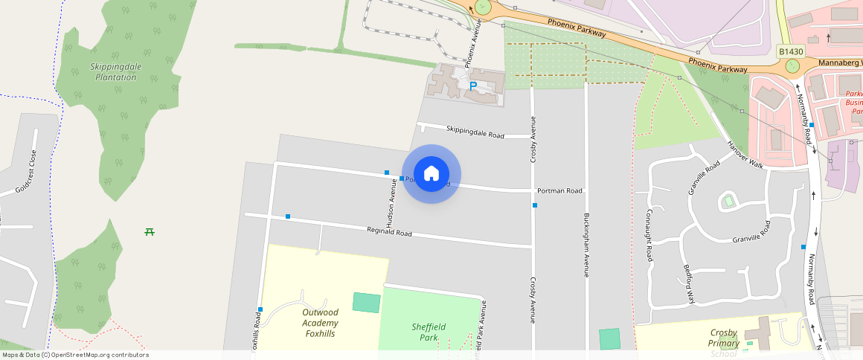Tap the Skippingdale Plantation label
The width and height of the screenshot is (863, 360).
115,71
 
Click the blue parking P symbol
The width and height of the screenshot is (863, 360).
472,87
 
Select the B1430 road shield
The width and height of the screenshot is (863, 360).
791,51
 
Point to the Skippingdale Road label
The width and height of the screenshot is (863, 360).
475,132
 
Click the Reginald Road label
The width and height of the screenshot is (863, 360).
389,232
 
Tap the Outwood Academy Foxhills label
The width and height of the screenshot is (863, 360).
320,323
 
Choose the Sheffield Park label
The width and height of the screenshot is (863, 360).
429,332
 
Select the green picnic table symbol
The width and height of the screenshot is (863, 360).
150,232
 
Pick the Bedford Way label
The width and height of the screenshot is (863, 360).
689,283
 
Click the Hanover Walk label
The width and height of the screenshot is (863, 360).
745,154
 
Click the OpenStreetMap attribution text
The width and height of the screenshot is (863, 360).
74,355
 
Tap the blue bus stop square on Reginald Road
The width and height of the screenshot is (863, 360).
288,216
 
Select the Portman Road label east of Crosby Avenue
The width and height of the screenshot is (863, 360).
559,190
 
